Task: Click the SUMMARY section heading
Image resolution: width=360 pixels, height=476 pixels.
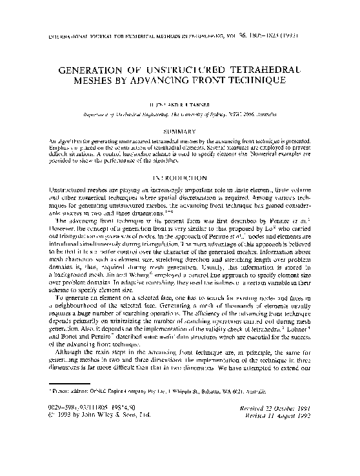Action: point(179,131)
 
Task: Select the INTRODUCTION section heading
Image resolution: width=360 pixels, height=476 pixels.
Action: point(179,177)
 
